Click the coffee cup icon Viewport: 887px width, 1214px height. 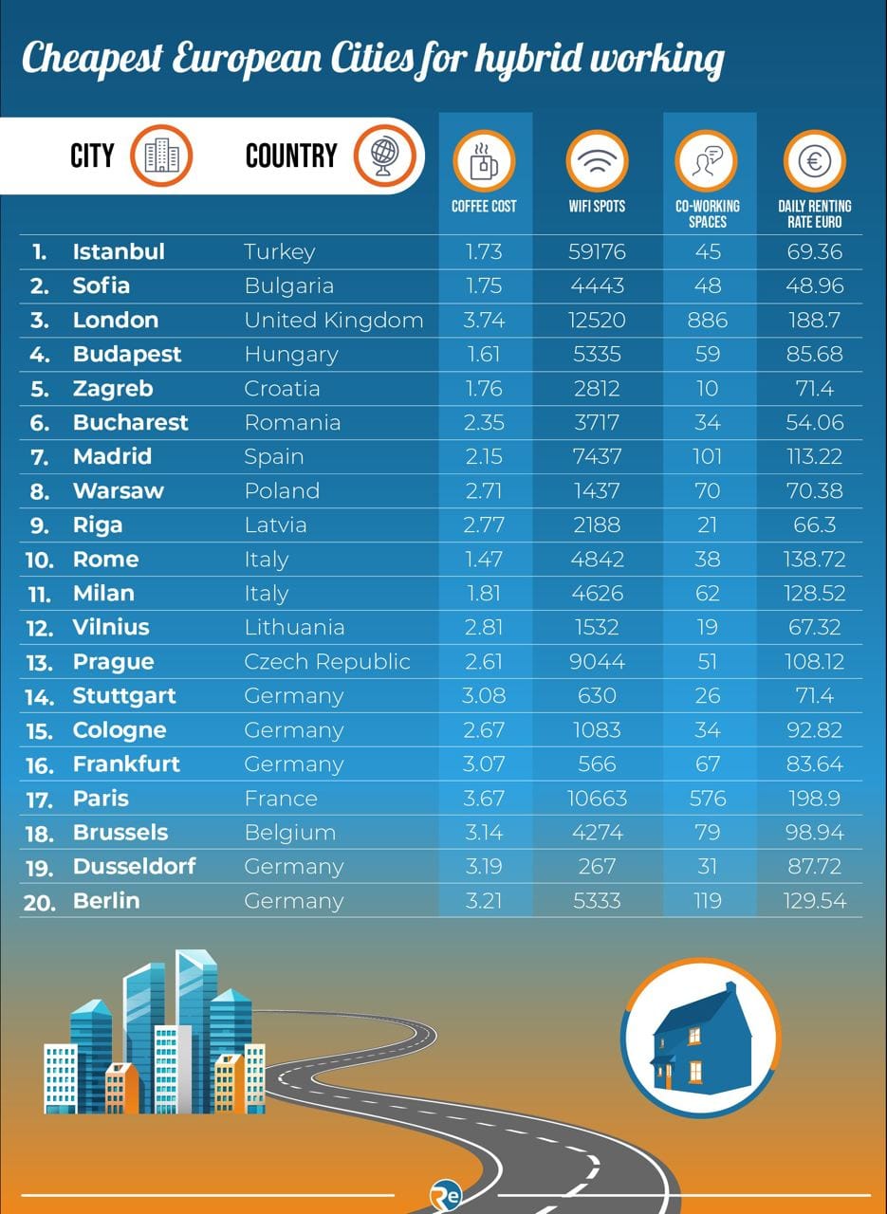(484, 161)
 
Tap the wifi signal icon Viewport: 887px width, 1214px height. (597, 161)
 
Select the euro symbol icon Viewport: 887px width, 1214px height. (814, 161)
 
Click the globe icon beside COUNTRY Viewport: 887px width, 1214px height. (385, 156)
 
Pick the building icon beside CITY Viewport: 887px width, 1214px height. (161, 156)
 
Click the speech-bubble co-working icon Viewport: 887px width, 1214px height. (707, 161)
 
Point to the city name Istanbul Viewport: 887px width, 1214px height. (119, 252)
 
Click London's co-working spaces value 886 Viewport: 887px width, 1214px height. (707, 321)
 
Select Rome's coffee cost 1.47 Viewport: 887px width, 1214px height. (484, 560)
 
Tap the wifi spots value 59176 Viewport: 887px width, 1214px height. (597, 252)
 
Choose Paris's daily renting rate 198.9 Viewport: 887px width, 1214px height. (814, 799)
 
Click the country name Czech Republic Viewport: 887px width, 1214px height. (327, 662)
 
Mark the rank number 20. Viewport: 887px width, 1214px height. (39, 902)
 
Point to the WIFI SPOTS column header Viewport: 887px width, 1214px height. (597, 206)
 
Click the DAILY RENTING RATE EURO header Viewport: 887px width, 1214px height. (814, 214)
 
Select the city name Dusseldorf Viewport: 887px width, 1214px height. (134, 867)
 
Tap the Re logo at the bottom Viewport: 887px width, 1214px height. (446, 1195)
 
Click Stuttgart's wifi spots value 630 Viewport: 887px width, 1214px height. (597, 696)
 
